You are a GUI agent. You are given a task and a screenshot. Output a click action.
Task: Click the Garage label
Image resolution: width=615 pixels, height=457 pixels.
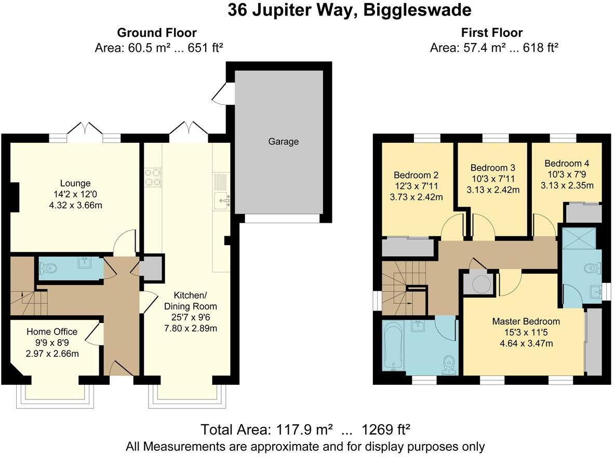pyautogui.click(x=284, y=141)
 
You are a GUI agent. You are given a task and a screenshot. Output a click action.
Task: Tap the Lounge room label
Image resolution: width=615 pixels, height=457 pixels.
pyautogui.click(x=75, y=183)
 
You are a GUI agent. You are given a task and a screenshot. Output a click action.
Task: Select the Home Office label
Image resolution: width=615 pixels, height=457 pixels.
pyautogui.click(x=52, y=332)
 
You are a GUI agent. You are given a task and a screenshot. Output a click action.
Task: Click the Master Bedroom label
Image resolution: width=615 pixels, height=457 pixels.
pyautogui.click(x=526, y=321)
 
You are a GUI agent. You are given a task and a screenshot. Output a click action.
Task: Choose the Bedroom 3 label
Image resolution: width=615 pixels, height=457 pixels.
pyautogui.click(x=492, y=168)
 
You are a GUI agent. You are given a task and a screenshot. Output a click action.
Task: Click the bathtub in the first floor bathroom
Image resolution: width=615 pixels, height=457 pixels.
pyautogui.click(x=393, y=345)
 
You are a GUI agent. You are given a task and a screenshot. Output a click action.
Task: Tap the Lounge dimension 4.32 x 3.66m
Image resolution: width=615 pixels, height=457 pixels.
pyautogui.click(x=75, y=205)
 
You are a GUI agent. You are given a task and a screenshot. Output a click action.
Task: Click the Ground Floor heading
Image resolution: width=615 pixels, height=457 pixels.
pyautogui.click(x=156, y=33)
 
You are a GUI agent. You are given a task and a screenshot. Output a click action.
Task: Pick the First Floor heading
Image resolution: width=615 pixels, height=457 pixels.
pyautogui.click(x=491, y=33)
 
